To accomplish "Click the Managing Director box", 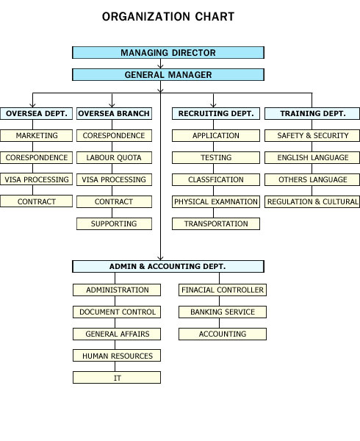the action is (168, 53).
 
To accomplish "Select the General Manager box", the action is (168, 75).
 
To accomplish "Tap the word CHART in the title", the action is (215, 17).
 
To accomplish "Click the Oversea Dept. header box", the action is (36, 113).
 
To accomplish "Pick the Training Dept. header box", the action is (312, 113).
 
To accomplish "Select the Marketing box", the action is (36, 135).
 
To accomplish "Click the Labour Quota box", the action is (114, 157).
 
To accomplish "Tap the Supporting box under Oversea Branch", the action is (114, 224).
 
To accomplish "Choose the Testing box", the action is (216, 157).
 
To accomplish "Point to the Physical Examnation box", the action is (216, 201).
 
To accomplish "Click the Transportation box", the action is (216, 224).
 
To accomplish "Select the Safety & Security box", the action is (312, 135).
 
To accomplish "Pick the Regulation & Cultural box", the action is (312, 201).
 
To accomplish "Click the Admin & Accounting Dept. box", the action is (168, 266).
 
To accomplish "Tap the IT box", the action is (117, 378).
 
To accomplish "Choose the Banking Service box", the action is (223, 312).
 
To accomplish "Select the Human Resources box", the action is (117, 356).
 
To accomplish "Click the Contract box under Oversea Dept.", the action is (36, 201).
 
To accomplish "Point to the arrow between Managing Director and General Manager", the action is (160, 63).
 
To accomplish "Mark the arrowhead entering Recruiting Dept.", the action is (213, 105).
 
